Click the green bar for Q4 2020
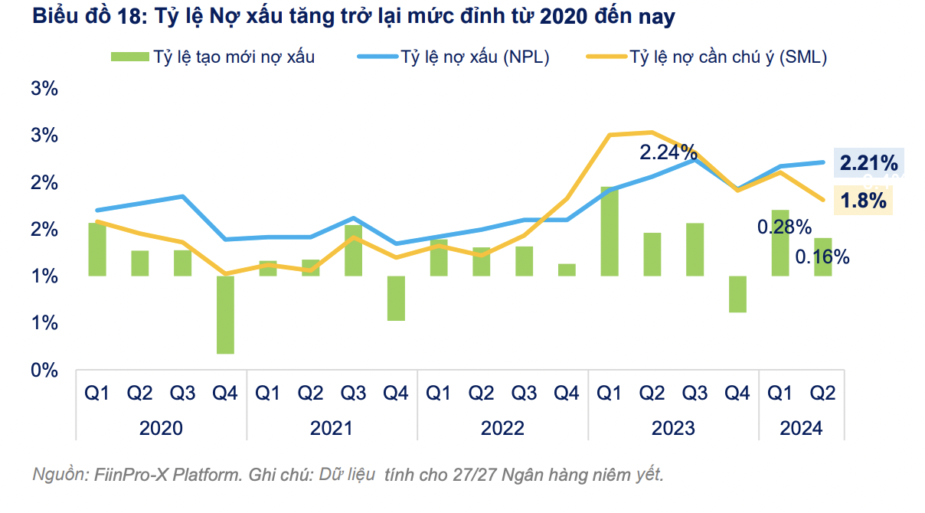pos(225,315)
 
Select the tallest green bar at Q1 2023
pos(610,231)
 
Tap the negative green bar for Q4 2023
pos(737,294)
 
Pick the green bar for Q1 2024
pos(780,243)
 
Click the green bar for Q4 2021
pos(396,298)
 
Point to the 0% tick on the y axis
pos(44,371)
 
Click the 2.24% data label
pos(668,152)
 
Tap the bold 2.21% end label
pos(868,163)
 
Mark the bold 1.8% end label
pos(863,201)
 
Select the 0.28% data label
pos(784,227)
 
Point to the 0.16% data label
pos(822,257)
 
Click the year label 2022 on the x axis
pos(502,427)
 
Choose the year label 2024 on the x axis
pos(801,427)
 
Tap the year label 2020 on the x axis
pos(161,427)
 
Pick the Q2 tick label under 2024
pos(822,394)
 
